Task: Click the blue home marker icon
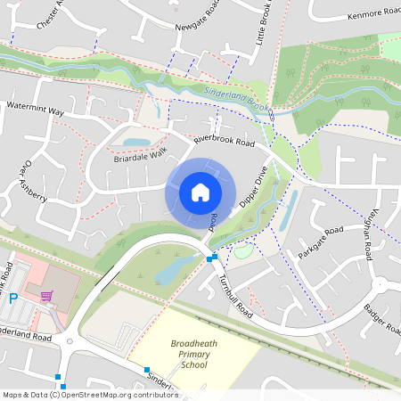click(200, 192)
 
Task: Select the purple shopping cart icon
click(46, 296)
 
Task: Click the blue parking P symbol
click(12, 298)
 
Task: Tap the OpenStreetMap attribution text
click(78, 395)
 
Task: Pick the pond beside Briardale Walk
click(137, 142)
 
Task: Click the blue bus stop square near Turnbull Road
click(211, 258)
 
